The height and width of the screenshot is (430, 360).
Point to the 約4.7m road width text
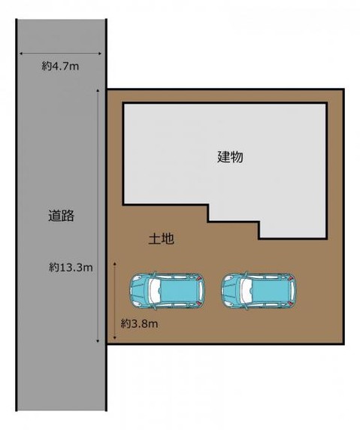pos(59,66)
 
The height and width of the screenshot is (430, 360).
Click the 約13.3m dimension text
pos(71,266)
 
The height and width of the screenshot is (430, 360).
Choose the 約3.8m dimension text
pos(139,323)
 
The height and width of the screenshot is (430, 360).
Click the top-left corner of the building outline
pos(124,104)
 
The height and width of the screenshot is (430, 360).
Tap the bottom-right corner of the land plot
pos(343,341)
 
